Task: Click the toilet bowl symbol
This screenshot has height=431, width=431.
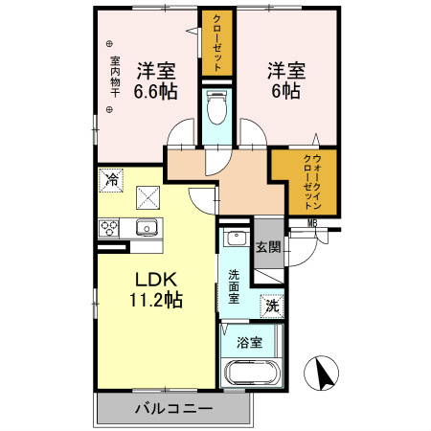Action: (216, 108)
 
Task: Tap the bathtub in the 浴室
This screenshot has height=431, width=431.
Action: (252, 373)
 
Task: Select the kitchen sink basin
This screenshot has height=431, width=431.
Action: (147, 228)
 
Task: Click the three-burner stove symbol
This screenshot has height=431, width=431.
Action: (108, 228)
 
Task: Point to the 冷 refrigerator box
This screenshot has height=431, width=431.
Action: (111, 180)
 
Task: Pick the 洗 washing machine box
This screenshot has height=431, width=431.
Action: (272, 306)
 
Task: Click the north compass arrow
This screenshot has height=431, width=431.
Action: (327, 373)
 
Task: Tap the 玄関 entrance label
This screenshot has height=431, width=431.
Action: (268, 247)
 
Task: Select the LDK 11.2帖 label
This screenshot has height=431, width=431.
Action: (156, 290)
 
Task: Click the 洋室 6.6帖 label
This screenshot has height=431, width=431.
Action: (155, 81)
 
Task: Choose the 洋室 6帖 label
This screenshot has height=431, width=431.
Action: (286, 80)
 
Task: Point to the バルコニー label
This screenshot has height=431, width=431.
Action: (173, 408)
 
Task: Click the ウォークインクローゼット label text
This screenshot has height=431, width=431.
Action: (312, 182)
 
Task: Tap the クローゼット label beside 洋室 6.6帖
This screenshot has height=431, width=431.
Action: (217, 43)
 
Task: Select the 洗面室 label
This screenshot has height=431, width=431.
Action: (234, 286)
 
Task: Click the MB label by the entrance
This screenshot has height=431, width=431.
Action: (312, 223)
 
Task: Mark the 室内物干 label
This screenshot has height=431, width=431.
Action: (115, 77)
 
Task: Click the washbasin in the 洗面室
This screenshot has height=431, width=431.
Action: (236, 237)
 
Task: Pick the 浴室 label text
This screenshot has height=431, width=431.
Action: (250, 343)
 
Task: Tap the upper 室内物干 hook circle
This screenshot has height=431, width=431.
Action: (109, 43)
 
